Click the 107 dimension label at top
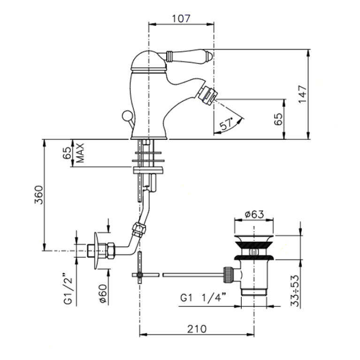[x=181, y=19]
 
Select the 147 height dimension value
[x=302, y=94]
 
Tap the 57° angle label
[x=226, y=124]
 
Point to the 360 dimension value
[x=38, y=195]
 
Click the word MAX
[x=80, y=153]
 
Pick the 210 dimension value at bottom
[x=197, y=329]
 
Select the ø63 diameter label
[x=254, y=214]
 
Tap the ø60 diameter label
[x=103, y=294]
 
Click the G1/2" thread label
[x=68, y=289]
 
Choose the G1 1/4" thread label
[x=203, y=298]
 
